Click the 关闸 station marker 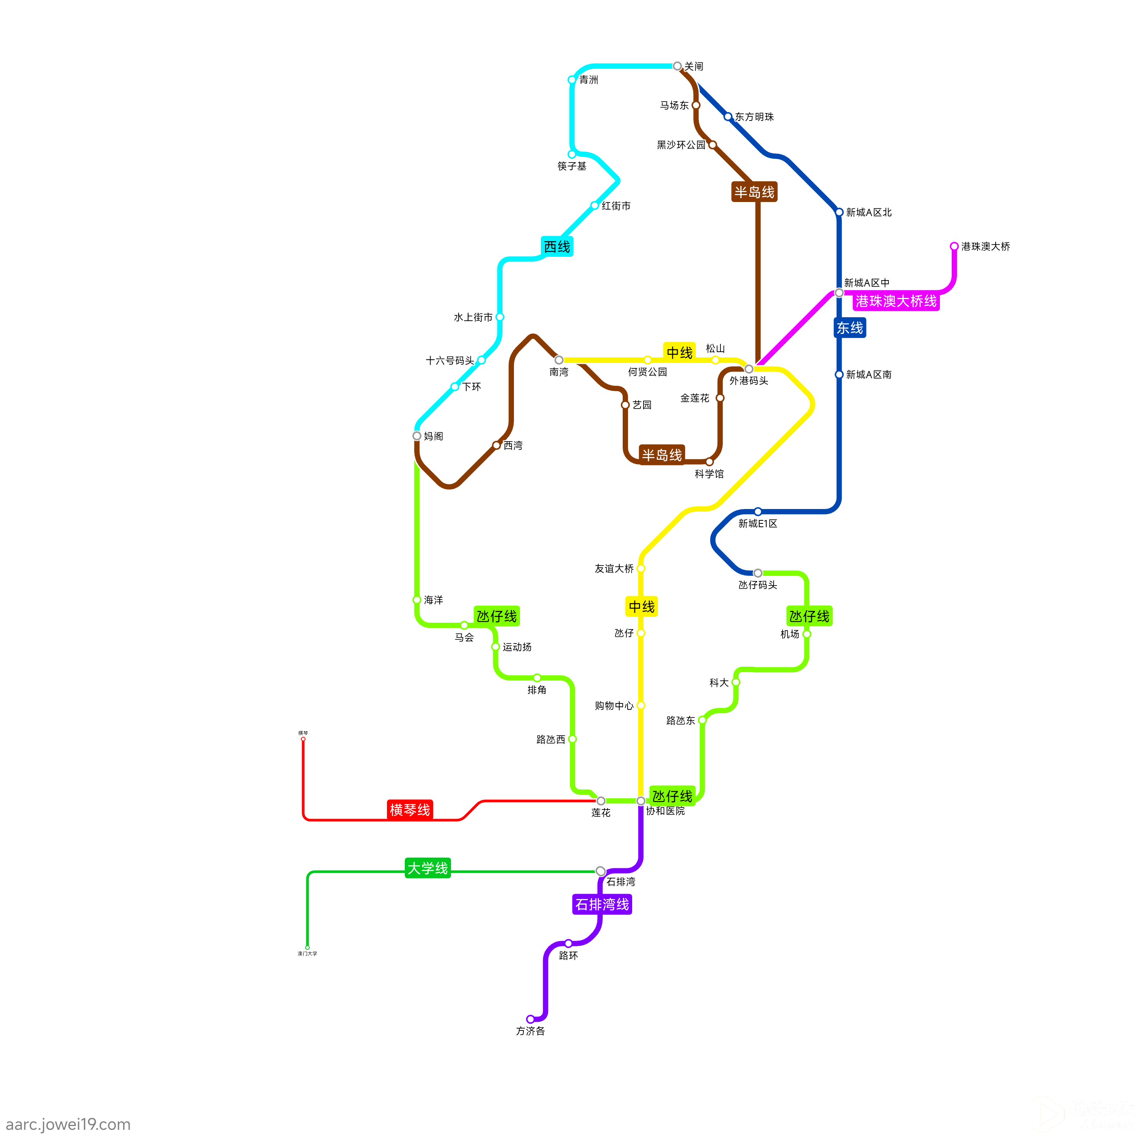(677, 66)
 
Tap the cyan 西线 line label (557, 247)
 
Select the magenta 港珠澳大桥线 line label (896, 301)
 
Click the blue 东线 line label (850, 328)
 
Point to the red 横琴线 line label (410, 810)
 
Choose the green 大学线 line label (428, 868)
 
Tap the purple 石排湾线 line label (602, 905)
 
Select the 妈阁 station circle (417, 436)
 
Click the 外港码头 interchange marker (749, 369)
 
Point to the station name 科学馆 (709, 474)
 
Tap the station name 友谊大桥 (614, 568)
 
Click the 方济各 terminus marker (530, 1019)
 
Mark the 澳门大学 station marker (307, 947)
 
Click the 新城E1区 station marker (758, 511)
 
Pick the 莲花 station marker (601, 801)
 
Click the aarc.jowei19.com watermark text (68, 1124)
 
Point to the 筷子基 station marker (572, 154)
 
